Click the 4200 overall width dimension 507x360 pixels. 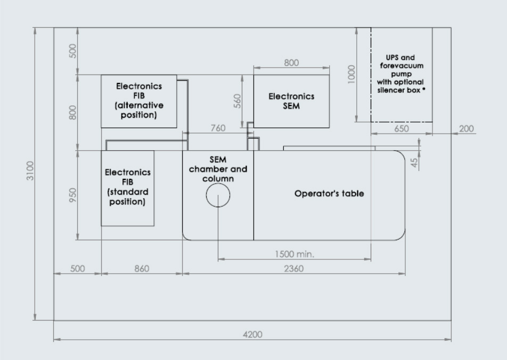pos(252,334)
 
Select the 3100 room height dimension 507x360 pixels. pos(30,170)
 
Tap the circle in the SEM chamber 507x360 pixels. pos(218,195)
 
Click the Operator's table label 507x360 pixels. pos(329,193)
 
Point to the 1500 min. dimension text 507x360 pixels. pos(295,254)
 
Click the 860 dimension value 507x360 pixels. pos(142,268)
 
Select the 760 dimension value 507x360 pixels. pos(218,128)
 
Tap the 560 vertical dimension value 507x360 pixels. pos(238,101)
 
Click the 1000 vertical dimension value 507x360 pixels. pos(350,75)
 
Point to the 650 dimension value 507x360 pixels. pos(402,129)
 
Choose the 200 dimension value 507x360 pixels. pos(466,129)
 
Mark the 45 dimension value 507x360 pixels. pos(415,162)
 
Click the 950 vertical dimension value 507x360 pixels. pos(73,195)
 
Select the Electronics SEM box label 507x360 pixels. pos(291,101)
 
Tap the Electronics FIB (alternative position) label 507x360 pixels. pos(139,101)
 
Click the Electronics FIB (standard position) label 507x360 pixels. pos(127,187)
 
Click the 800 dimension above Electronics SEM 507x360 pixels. pos(291,63)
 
